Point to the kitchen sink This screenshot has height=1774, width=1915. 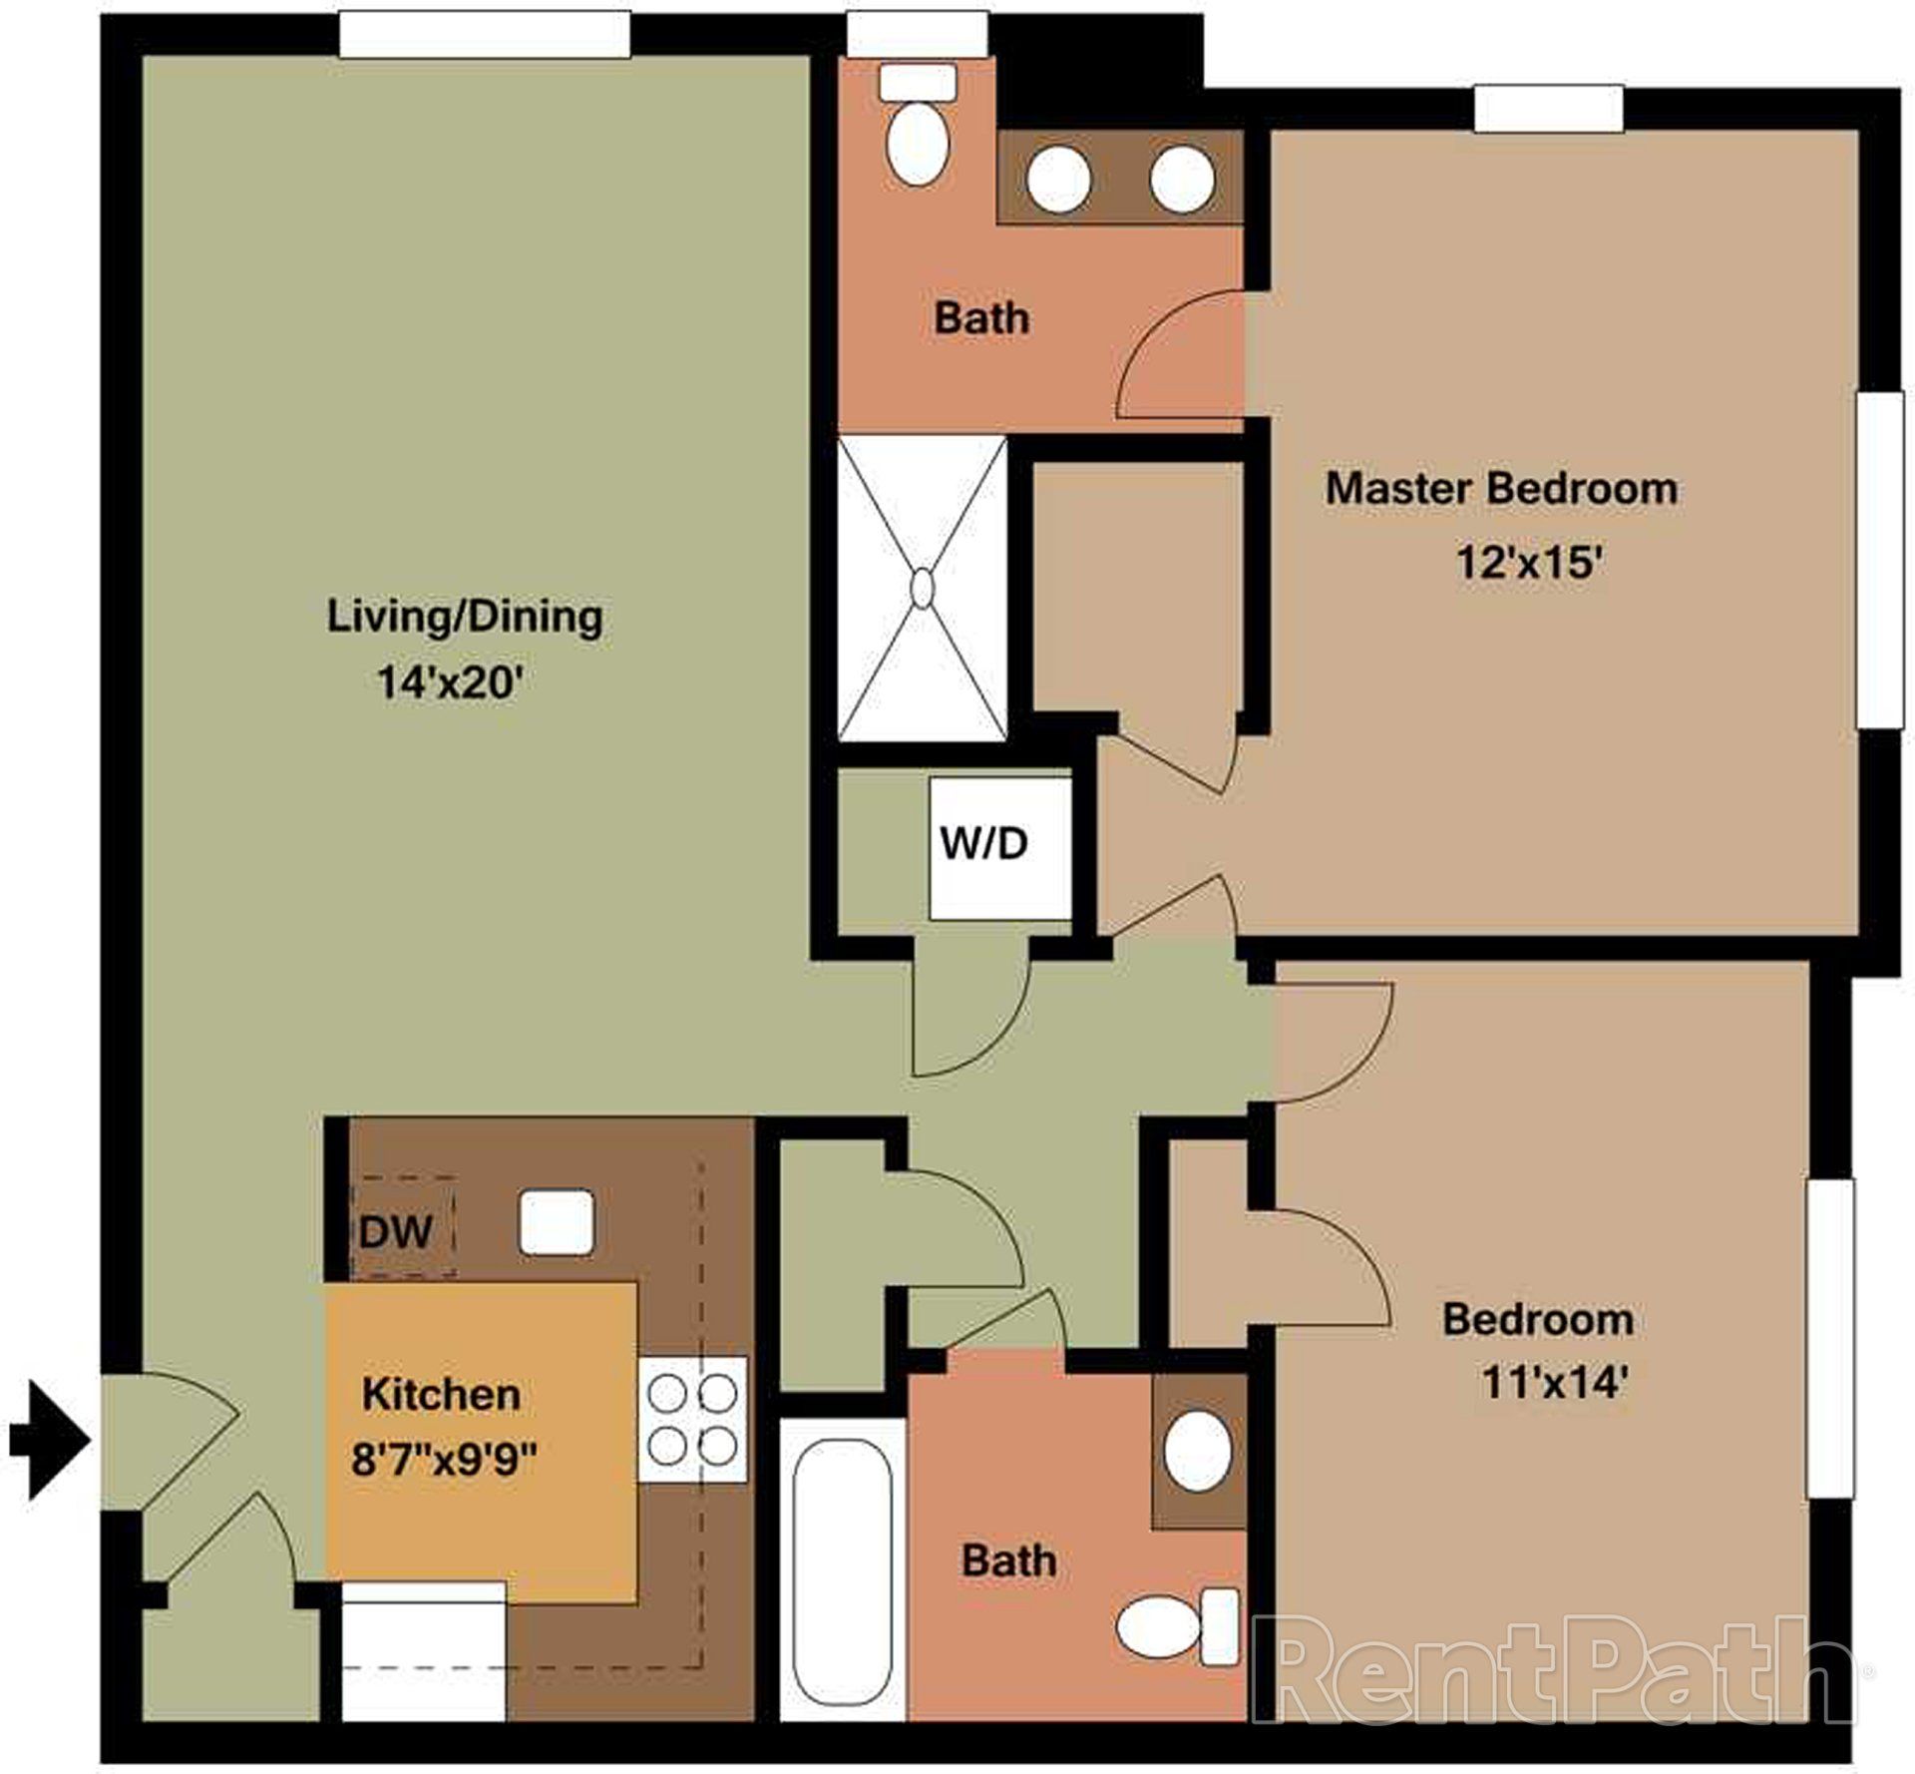[556, 1221]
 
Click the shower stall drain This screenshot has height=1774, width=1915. [922, 588]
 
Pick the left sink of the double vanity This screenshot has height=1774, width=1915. [1058, 180]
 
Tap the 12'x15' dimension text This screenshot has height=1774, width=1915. [1529, 562]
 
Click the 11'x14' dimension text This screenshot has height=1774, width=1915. [1555, 1383]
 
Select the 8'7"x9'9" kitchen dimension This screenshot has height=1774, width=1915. [444, 1461]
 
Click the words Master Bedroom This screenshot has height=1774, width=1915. [1500, 489]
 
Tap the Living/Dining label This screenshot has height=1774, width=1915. [465, 617]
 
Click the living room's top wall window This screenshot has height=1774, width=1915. [485, 36]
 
